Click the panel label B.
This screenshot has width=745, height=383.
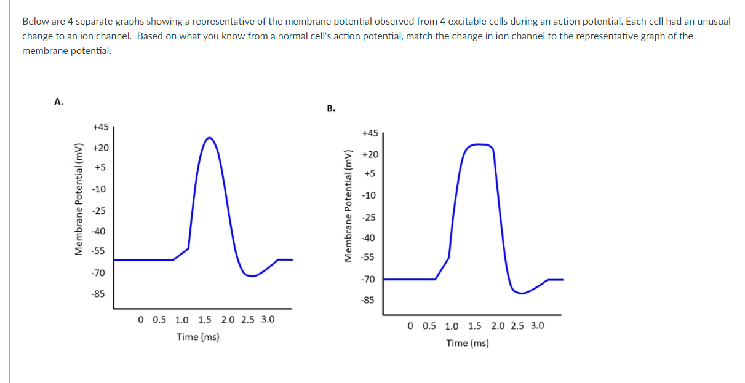click(331, 109)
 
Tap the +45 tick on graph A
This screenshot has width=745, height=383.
click(100, 127)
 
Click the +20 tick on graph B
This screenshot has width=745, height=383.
click(370, 154)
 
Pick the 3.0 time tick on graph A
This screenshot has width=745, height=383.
click(268, 320)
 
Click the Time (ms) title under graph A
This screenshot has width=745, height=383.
click(198, 337)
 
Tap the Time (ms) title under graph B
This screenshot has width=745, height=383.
click(468, 343)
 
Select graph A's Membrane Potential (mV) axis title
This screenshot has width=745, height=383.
click(79, 199)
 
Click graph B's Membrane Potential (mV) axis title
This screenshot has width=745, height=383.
click(349, 205)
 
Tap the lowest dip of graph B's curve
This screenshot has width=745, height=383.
click(521, 293)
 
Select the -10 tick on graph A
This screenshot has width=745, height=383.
click(98, 189)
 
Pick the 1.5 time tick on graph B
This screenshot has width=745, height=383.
click(475, 326)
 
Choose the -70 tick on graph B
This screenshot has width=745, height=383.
click(368, 279)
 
